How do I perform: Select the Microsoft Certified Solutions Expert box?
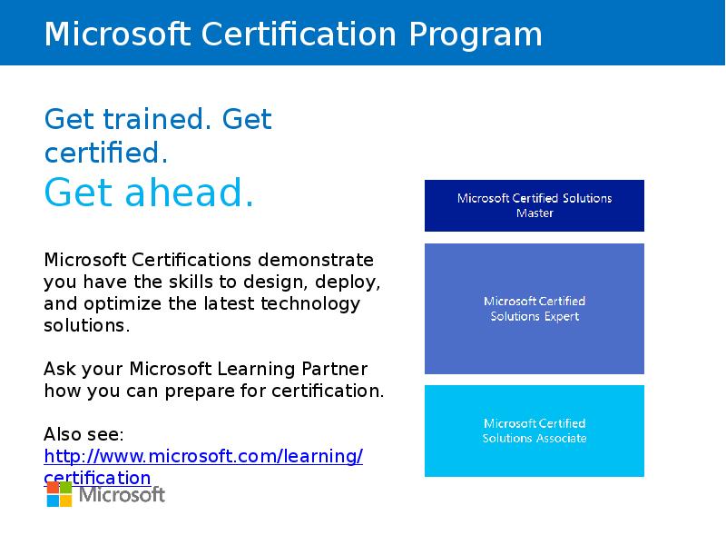click(x=534, y=309)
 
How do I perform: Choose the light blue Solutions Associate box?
click(x=534, y=431)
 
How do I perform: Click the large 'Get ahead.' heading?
click(x=149, y=193)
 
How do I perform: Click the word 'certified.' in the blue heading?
click(x=107, y=152)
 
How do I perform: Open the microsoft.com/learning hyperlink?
click(x=203, y=456)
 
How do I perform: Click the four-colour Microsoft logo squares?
click(x=60, y=494)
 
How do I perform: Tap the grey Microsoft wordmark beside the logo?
click(x=123, y=495)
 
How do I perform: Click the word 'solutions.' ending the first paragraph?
click(x=87, y=325)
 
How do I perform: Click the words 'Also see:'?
click(x=83, y=434)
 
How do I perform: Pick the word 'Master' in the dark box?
click(x=535, y=213)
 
